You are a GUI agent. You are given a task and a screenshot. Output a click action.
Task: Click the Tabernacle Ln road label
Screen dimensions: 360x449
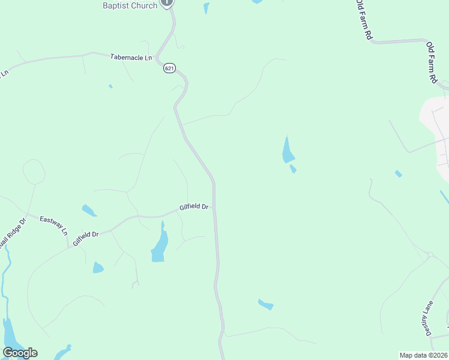(x=131, y=57)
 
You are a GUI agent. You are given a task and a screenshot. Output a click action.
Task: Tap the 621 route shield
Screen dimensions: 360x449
(x=169, y=69)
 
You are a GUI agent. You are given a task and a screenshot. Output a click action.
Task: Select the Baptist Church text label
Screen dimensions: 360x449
(x=129, y=5)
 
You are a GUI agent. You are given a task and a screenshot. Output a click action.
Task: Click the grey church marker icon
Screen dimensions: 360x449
(x=167, y=2)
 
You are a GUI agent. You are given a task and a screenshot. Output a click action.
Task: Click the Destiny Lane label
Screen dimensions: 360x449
(x=427, y=319)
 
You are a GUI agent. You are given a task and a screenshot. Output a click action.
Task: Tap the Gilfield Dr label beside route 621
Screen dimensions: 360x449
(x=194, y=208)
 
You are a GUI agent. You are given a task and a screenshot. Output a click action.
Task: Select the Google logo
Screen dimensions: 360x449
(x=20, y=353)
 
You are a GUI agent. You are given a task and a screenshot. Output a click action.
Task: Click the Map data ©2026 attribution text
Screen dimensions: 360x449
(x=423, y=355)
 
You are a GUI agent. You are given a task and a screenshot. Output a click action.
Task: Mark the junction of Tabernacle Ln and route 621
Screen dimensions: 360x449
(x=158, y=59)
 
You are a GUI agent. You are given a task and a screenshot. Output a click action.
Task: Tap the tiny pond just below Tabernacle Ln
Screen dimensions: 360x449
(x=110, y=86)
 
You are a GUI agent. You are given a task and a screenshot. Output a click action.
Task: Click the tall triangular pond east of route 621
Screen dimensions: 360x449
(x=288, y=152)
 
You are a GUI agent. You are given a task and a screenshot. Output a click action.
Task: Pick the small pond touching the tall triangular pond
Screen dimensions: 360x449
(x=293, y=169)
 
